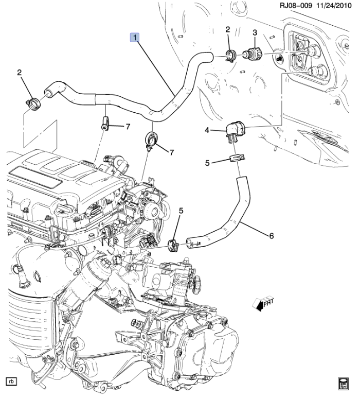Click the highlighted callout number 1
click(135, 38)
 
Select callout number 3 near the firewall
click(254, 33)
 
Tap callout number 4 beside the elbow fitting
click(207, 131)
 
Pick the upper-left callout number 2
click(20, 73)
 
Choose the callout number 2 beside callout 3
click(227, 31)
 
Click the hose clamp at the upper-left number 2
click(32, 102)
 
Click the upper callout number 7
click(129, 127)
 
